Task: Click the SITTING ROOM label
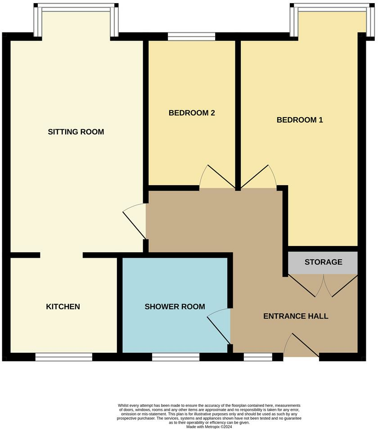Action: click(x=76, y=132)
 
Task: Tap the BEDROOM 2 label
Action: click(x=192, y=113)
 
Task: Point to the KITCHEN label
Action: click(x=63, y=306)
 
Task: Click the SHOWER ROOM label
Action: click(x=175, y=306)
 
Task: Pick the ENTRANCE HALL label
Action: click(x=296, y=316)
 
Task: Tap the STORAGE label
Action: click(x=323, y=262)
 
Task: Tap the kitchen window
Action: click(x=63, y=357)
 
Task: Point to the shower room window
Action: click(x=175, y=357)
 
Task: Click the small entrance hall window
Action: click(x=258, y=357)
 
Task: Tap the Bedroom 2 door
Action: click(x=216, y=178)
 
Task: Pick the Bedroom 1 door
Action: click(x=260, y=178)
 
